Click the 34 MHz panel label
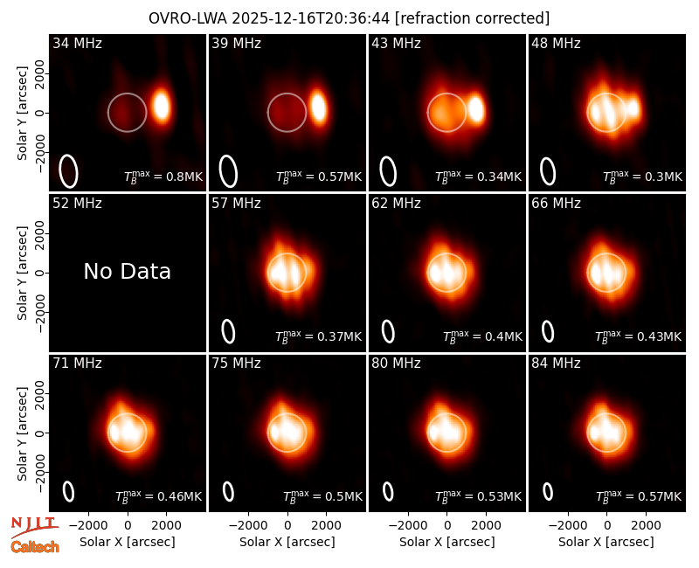click(x=77, y=43)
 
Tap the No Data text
click(x=127, y=271)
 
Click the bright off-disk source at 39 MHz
click(x=319, y=107)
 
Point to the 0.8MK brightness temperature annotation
click(x=163, y=176)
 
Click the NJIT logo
click(x=34, y=527)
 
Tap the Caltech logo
click(x=35, y=547)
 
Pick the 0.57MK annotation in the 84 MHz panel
click(x=639, y=495)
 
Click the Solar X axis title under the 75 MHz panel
click(x=287, y=542)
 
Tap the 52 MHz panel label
click(x=77, y=204)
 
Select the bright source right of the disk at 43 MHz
click(x=476, y=108)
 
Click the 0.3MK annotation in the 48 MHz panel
click(x=642, y=177)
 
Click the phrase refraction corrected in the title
click(x=473, y=18)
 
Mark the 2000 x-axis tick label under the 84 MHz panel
click(x=646, y=525)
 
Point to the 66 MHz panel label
click(x=556, y=204)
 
